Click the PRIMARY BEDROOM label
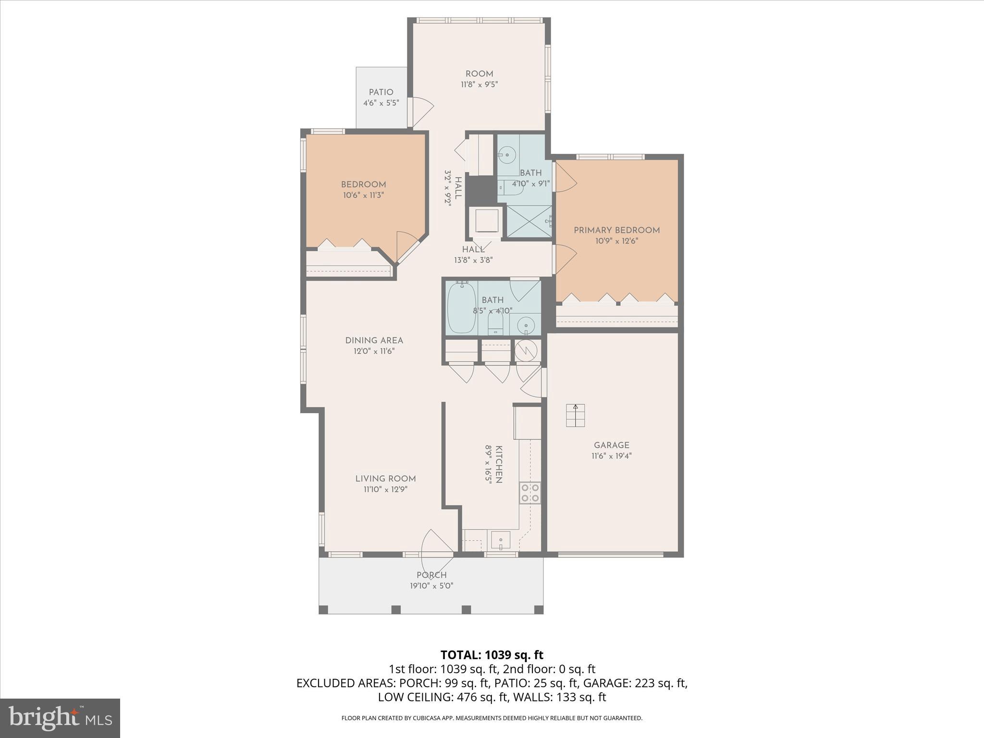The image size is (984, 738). pos(616,230)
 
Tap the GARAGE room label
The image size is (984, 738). pos(611,445)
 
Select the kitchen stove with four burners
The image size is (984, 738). pos(530,492)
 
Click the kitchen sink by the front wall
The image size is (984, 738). pos(501,541)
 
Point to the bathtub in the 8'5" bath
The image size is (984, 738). pos(461,307)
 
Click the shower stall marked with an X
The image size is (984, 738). pos(529,221)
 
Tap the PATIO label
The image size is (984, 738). pos(381,92)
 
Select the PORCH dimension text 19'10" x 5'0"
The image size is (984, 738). pos(431,586)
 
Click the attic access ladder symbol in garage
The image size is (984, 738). pos(575,415)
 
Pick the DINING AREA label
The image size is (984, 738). pos(374,340)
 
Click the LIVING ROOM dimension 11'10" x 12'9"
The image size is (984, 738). pos(385,489)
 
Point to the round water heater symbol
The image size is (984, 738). pos(527,351)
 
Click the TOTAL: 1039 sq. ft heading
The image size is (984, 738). pos(492,655)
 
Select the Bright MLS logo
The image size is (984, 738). pos(60,718)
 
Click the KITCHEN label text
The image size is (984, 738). pos(499,464)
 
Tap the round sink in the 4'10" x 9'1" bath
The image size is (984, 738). pos(506,155)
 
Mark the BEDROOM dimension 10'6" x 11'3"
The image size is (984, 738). pos(363,195)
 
